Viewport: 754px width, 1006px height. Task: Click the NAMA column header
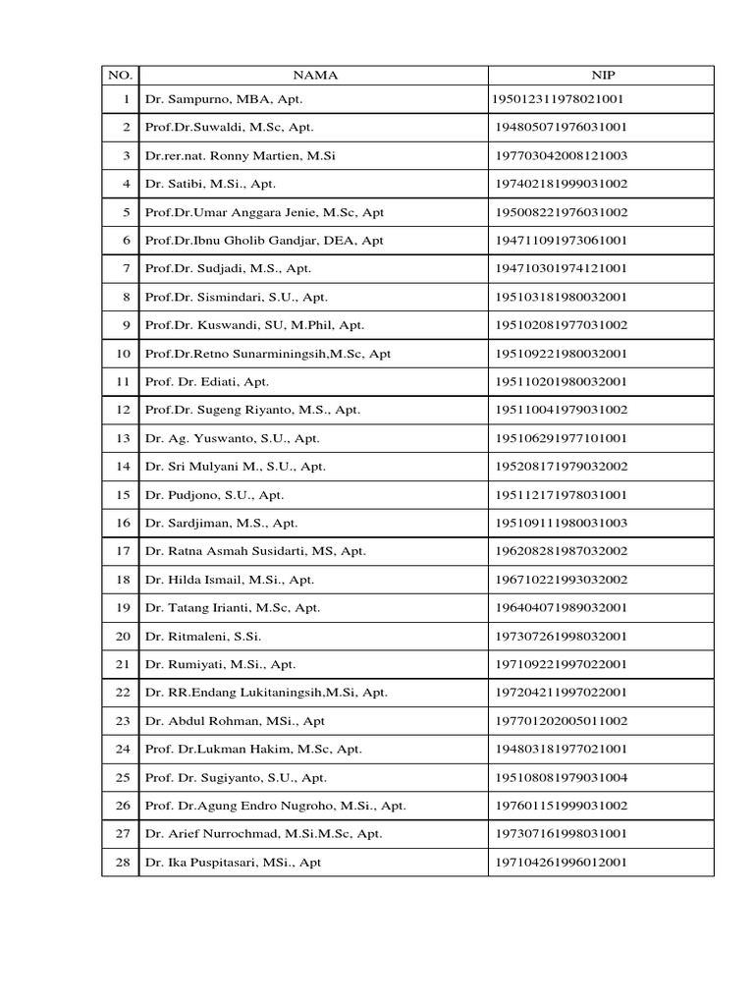(313, 74)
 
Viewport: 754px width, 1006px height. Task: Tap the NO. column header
(120, 74)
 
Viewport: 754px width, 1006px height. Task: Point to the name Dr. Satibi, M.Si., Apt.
(211, 184)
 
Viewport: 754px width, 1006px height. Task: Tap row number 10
(124, 354)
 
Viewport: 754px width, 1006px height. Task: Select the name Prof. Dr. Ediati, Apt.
(206, 382)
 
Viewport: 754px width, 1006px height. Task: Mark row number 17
(124, 551)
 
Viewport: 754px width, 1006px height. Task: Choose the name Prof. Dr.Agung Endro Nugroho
(275, 806)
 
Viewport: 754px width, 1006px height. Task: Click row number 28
(124, 863)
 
